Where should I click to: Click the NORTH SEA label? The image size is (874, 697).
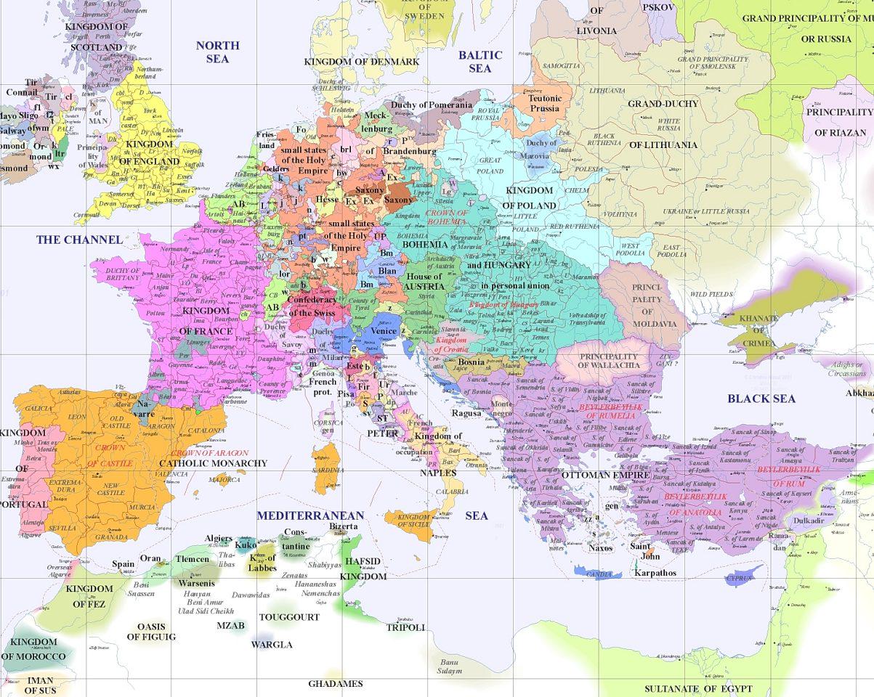pos(217,52)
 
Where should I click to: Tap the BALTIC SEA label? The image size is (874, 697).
pos(480,61)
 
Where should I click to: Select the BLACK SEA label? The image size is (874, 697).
pos(761,398)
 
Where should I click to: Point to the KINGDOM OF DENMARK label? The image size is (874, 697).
pos(362,62)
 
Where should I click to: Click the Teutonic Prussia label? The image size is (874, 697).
pos(544,103)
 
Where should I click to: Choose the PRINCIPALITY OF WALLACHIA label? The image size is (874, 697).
pos(609,361)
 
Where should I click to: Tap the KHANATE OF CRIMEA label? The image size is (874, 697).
pos(758,330)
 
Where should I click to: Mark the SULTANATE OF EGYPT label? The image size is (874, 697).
pos(698,688)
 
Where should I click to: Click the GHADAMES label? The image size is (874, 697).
pos(335,683)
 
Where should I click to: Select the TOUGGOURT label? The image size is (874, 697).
pos(289,617)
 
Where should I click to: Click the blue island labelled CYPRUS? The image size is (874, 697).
pos(740,579)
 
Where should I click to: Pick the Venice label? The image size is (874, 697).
pos(384,331)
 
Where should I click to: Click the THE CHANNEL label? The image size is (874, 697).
pos(79,240)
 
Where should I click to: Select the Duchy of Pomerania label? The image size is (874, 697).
pos(432,105)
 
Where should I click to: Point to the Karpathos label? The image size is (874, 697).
pos(655,572)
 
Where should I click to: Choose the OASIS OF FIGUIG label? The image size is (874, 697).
pos(151,632)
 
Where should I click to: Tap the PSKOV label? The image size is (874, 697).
pos(657,7)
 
